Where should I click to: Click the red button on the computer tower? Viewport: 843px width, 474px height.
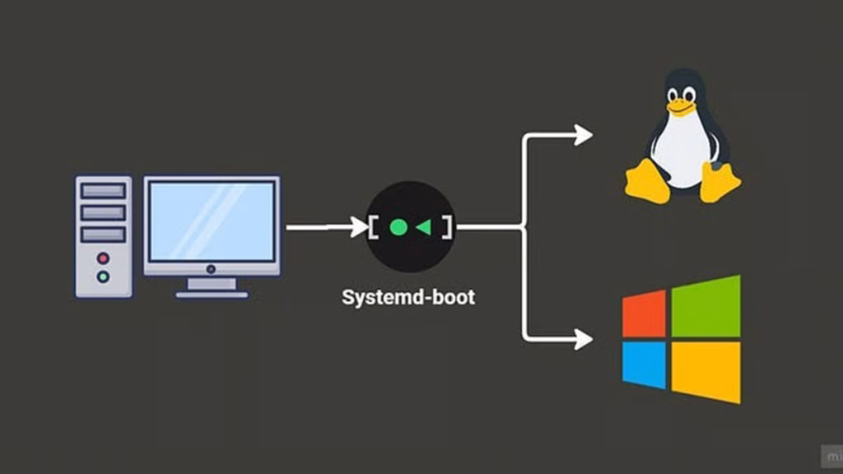tap(103, 258)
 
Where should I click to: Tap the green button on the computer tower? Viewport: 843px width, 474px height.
tap(103, 276)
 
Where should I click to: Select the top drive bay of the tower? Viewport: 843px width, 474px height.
tap(103, 191)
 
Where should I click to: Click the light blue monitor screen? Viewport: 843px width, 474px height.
tap(212, 221)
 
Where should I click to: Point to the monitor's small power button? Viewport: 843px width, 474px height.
tap(212, 269)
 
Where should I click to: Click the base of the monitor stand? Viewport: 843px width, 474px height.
tap(212, 294)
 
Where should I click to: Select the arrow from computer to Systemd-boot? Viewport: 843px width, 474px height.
tap(325, 227)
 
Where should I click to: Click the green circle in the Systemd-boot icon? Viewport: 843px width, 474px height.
tap(398, 227)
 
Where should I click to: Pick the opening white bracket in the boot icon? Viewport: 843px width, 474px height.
tap(374, 227)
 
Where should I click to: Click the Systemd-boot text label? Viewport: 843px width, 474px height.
tap(408, 297)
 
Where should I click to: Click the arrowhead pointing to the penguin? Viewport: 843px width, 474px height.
tap(584, 135)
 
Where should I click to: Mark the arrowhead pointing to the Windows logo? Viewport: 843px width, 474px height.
tap(584, 338)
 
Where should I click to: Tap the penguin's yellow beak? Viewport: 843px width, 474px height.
tap(680, 106)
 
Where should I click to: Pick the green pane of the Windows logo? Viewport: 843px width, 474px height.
tap(706, 305)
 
